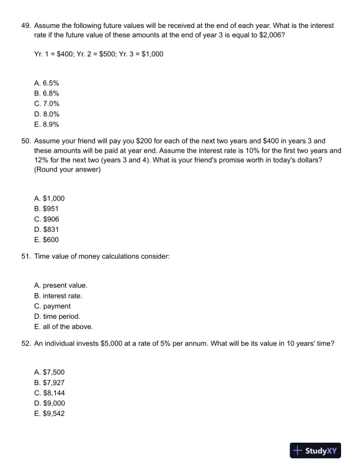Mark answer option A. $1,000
coord(49,198)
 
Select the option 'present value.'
coord(61,285)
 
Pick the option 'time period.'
coord(58,316)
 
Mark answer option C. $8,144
coord(49,392)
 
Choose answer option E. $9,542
coord(49,414)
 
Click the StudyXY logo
coord(316,450)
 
